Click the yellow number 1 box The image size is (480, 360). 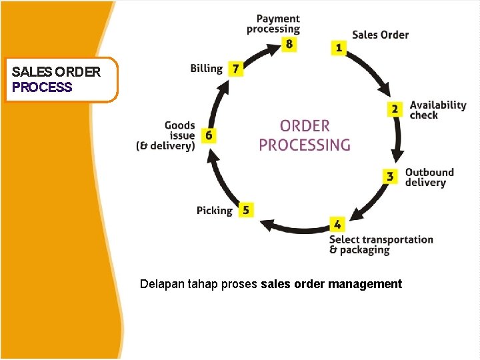[x=339, y=47]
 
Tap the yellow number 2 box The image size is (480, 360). [x=395, y=109]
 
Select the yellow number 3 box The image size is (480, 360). [x=391, y=177]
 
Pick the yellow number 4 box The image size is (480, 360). [x=337, y=224]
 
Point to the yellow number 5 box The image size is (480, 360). [x=245, y=210]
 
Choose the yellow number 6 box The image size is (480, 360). [x=209, y=135]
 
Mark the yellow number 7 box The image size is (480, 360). [x=235, y=69]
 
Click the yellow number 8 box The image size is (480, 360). [x=289, y=45]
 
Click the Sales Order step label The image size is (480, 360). [x=380, y=35]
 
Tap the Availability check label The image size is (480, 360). [x=437, y=110]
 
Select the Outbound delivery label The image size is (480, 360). [x=429, y=177]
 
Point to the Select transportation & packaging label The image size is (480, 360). [x=381, y=245]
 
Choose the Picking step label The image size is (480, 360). [x=214, y=211]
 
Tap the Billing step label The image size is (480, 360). [x=206, y=69]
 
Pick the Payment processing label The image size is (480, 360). [x=273, y=24]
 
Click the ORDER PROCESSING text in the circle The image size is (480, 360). [x=305, y=135]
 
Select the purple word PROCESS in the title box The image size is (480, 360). [x=42, y=87]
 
